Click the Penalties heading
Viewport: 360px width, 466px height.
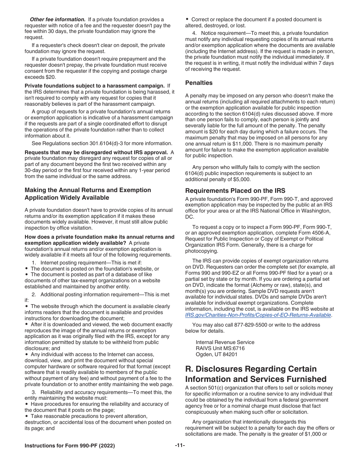point(199,83)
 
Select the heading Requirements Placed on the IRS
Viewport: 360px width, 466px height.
point(235,191)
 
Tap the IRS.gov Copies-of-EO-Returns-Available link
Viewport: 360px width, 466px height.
point(258,315)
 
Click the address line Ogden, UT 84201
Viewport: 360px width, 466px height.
point(216,354)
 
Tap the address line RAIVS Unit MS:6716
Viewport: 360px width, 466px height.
point(220,348)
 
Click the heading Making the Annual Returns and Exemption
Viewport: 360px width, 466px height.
point(88,190)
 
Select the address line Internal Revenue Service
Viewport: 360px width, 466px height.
point(225,342)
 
